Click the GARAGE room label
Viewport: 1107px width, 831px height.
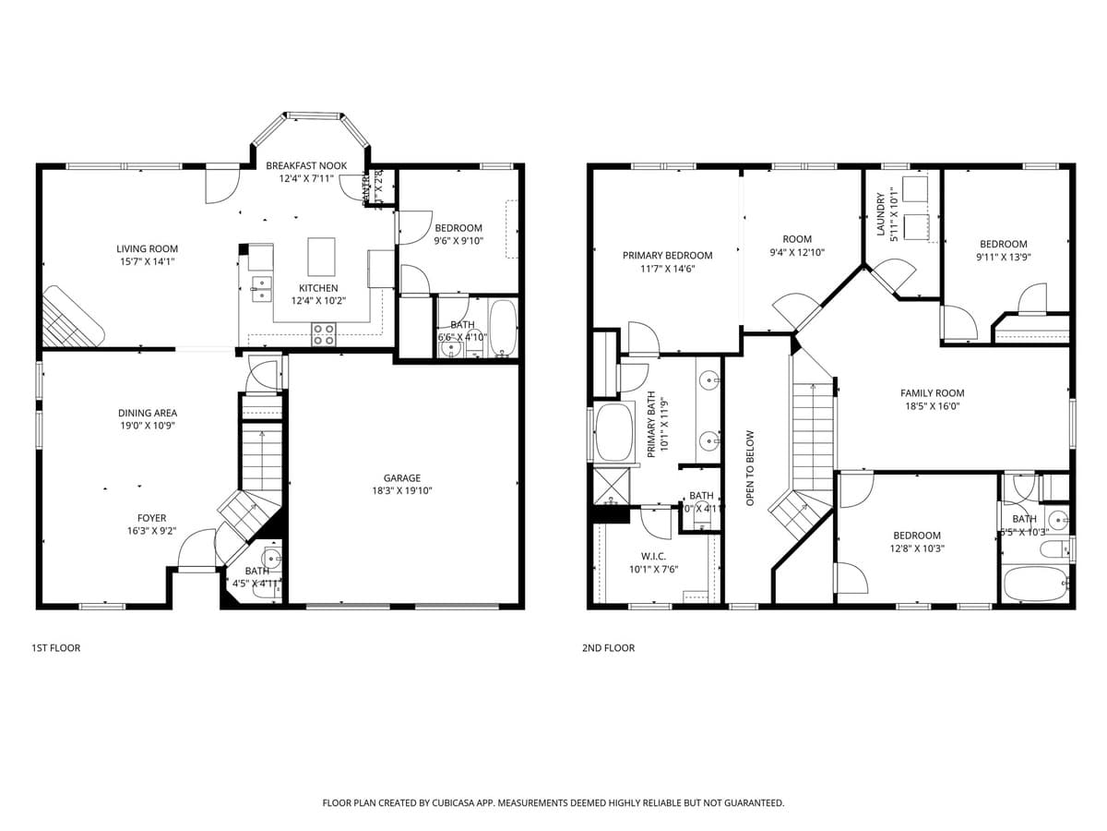point(402,478)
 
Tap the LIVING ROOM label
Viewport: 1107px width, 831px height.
point(147,248)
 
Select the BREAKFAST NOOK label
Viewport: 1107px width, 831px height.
point(306,165)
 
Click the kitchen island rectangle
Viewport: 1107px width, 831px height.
point(321,257)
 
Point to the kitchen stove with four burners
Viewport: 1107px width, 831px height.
point(323,334)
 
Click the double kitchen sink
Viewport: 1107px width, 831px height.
point(260,288)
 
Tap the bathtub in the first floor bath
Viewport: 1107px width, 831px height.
point(503,326)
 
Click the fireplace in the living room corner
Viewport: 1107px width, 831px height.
point(73,316)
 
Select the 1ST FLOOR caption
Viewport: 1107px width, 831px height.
point(56,648)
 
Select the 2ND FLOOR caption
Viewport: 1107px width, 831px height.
point(608,648)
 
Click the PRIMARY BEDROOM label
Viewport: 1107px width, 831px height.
point(667,256)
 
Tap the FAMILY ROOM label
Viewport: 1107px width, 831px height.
point(932,393)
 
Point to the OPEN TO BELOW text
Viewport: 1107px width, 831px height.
point(750,467)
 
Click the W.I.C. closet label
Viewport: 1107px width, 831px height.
point(653,556)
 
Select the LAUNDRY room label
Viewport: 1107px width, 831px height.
point(881,213)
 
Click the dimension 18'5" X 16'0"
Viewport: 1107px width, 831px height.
point(932,406)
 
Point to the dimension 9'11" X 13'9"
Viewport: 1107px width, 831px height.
point(1003,258)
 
